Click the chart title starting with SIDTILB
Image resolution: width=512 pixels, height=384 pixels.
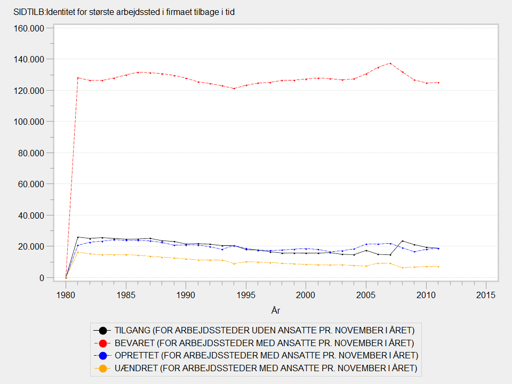point(124,12)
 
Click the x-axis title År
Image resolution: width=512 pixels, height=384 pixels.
point(276,310)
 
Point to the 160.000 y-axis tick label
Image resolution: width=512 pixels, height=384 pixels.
point(30,28)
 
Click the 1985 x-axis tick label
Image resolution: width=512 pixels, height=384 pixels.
point(125,294)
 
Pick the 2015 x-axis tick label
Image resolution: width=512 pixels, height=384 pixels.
point(485,294)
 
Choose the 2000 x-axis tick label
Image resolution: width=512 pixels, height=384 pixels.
point(306,294)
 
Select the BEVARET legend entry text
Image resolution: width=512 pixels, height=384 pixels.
point(264,342)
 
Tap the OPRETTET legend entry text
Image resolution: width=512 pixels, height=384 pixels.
point(266,355)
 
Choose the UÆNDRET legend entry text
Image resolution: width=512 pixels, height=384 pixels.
point(266,368)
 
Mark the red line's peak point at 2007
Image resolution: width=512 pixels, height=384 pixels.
point(390,63)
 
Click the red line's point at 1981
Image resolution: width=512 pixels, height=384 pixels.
point(78,78)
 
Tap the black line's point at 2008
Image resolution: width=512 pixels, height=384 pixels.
point(402,241)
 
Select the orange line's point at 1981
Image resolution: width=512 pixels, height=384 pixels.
point(78,252)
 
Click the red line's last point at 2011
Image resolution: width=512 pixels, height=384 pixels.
point(438,83)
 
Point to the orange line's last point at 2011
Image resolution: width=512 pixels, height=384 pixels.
point(438,267)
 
